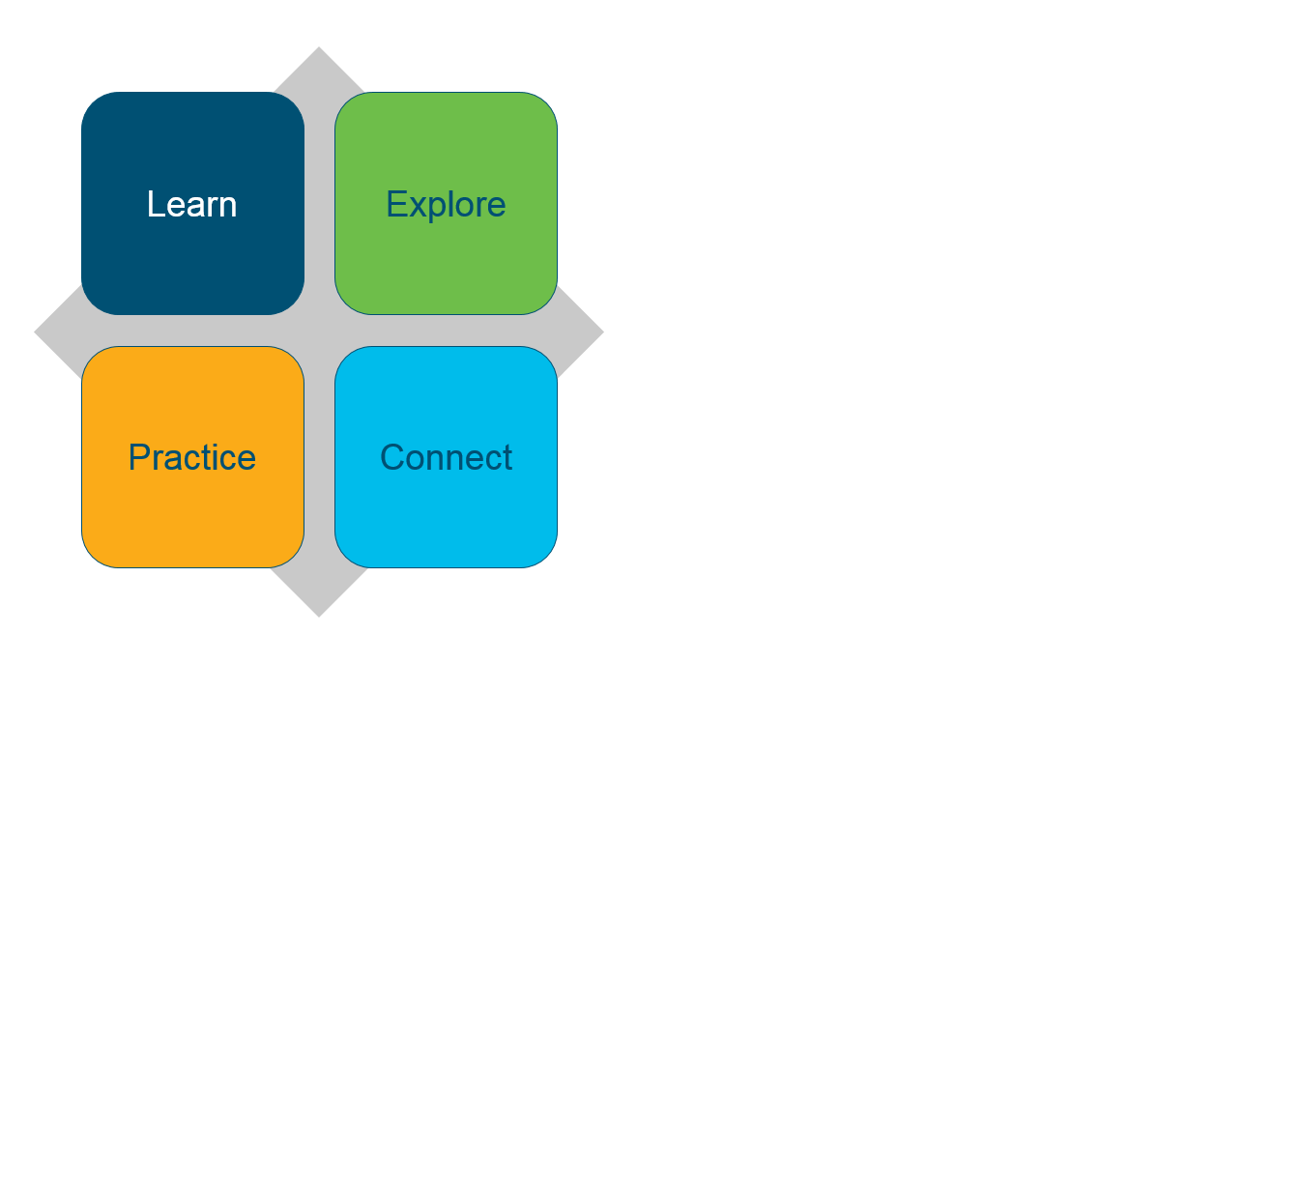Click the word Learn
click(191, 204)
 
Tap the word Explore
click(446, 206)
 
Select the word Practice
click(192, 457)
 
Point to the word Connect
click(446, 457)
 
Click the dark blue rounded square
click(193, 203)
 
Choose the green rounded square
click(446, 203)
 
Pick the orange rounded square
click(193, 457)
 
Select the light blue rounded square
click(446, 457)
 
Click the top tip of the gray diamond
click(319, 46)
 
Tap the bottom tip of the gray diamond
click(319, 618)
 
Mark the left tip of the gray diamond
click(35, 332)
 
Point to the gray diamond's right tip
click(604, 332)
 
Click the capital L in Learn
click(156, 204)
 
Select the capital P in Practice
click(139, 457)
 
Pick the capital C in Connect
click(393, 457)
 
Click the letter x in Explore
click(418, 207)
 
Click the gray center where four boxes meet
click(319, 331)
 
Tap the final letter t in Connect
click(507, 458)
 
